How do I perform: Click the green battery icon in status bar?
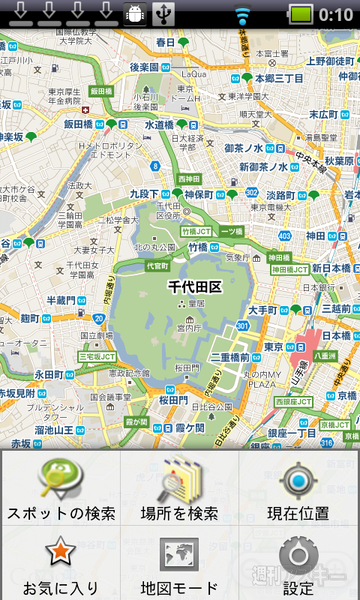(x=301, y=14)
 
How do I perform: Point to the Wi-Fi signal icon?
(x=240, y=14)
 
